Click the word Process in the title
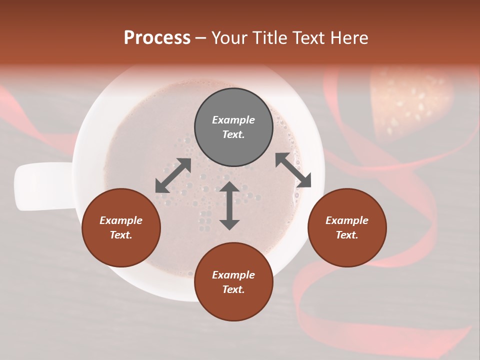[x=157, y=38]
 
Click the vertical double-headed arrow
[x=229, y=205]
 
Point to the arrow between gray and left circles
[x=173, y=175]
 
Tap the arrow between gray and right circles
[x=293, y=170]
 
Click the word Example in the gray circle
[x=233, y=120]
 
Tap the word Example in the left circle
[x=121, y=220]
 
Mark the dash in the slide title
[x=200, y=38]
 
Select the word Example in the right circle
[x=347, y=220]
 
